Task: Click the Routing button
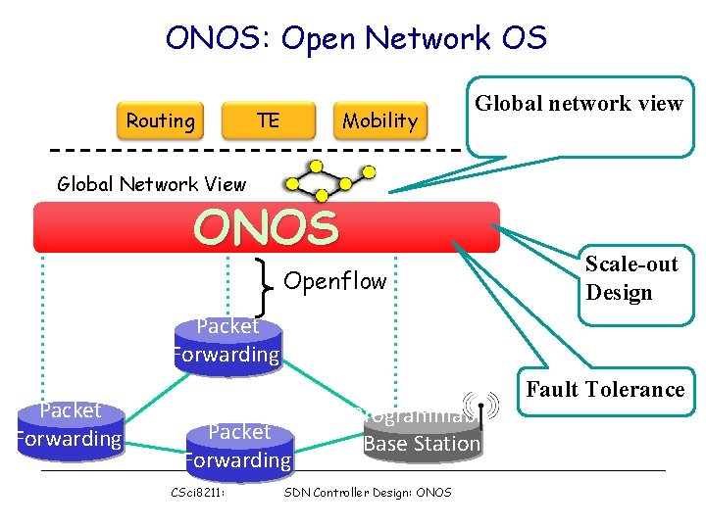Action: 160,120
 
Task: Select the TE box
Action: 268,120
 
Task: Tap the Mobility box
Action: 380,120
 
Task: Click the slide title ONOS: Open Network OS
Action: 356,38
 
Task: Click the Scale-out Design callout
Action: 631,278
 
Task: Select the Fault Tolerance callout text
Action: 605,390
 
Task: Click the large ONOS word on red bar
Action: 266,228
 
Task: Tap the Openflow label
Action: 334,282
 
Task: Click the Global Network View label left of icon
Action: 152,183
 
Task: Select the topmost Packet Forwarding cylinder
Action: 227,342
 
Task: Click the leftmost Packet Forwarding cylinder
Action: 69,425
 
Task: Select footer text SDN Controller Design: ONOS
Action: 367,492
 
